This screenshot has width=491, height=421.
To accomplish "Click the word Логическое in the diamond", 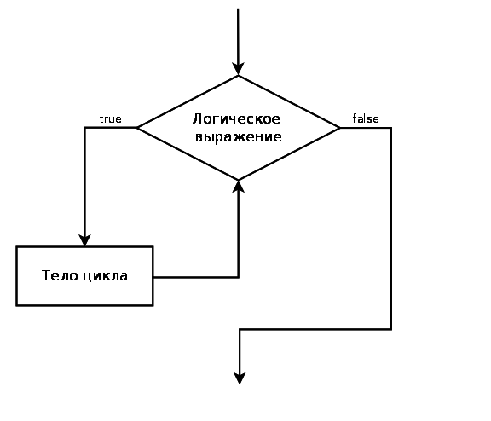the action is (236, 119).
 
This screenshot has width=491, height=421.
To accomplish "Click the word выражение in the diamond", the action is (239, 137).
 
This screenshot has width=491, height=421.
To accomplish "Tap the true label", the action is (110, 119).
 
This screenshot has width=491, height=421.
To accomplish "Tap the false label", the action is (366, 118).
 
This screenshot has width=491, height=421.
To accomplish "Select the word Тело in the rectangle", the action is (60, 275).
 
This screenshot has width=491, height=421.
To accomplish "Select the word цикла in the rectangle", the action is (106, 276).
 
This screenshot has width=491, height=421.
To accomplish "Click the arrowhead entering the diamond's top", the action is (238, 69).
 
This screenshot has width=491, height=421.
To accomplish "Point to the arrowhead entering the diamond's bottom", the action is (239, 187).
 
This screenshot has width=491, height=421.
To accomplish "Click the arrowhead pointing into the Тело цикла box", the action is (84, 240).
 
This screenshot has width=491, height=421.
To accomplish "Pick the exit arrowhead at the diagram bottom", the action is (240, 378).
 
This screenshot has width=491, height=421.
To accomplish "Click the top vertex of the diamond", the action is (239, 76).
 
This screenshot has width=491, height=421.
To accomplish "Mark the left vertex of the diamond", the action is (137, 127).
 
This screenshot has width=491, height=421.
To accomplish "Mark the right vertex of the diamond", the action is (340, 128).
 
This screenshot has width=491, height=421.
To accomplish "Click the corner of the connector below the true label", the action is (84, 127).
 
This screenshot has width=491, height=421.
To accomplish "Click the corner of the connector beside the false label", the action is (391, 128).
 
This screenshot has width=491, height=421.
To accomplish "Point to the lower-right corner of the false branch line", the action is (391, 329).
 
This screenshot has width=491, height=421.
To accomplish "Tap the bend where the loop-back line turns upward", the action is (239, 277).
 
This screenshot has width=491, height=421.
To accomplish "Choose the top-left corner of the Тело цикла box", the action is (16, 247).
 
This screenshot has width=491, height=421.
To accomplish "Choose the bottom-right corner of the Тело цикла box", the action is (153, 305).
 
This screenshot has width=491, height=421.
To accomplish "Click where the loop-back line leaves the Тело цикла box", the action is (153, 277).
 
